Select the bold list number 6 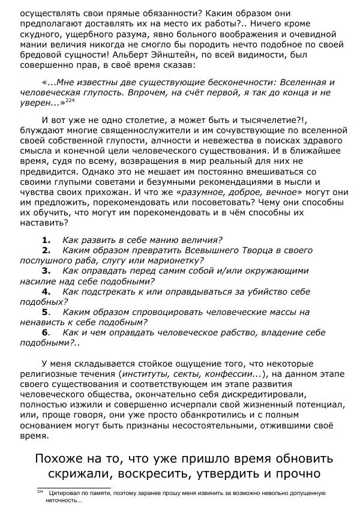pos(46,332)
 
